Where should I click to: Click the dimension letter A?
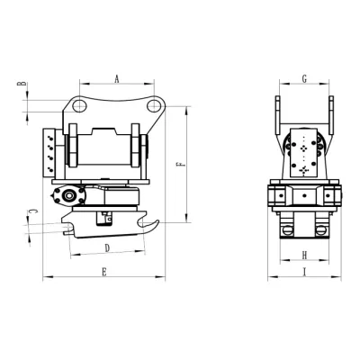pyautogui.click(x=117, y=79)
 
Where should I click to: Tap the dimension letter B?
pyautogui.click(x=22, y=84)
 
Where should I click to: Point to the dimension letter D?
pyautogui.click(x=107, y=248)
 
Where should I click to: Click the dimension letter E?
pyautogui.click(x=104, y=272)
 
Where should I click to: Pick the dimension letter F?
pyautogui.click(x=180, y=165)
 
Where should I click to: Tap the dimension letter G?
pyautogui.click(x=304, y=79)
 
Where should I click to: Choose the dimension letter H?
pyautogui.click(x=304, y=256)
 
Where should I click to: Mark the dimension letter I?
pyautogui.click(x=304, y=272)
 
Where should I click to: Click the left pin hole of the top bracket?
pyautogui.click(x=79, y=105)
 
